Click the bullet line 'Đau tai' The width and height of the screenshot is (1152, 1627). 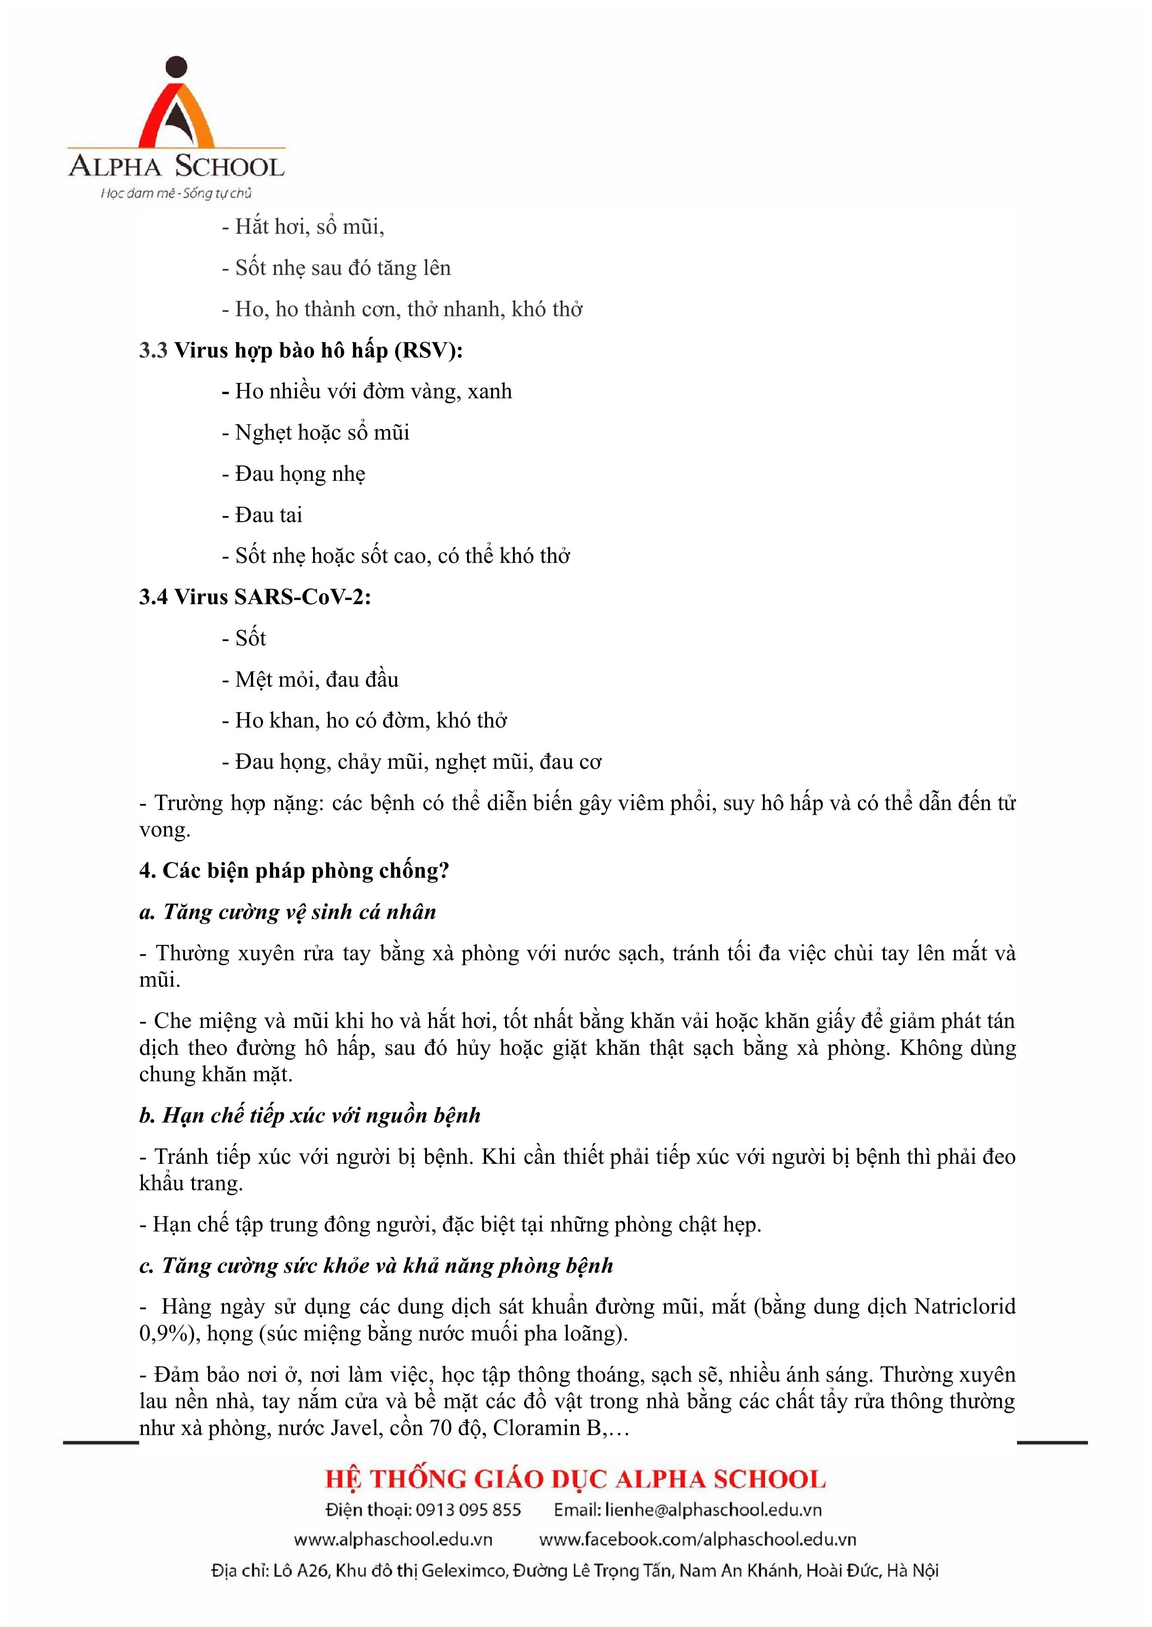click(268, 515)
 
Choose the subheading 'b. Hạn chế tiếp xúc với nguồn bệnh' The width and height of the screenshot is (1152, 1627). click(310, 1116)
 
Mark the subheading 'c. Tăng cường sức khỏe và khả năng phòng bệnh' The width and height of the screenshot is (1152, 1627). click(376, 1266)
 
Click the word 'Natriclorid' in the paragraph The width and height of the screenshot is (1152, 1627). click(965, 1307)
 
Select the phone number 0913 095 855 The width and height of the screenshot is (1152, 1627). click(468, 1510)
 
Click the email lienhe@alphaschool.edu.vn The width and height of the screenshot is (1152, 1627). click(713, 1510)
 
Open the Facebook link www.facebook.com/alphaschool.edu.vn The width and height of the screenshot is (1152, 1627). click(698, 1540)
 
